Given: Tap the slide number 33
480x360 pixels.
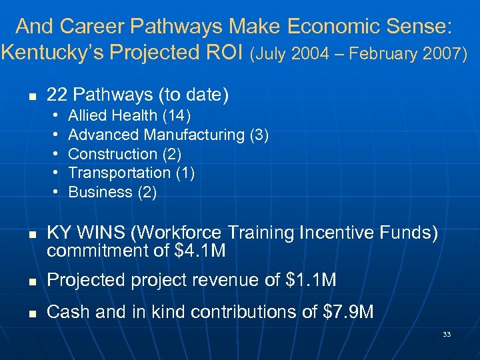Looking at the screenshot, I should (x=447, y=334).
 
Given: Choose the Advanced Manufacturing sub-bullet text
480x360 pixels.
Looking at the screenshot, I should (x=168, y=135).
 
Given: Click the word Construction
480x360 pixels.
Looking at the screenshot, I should (x=113, y=154).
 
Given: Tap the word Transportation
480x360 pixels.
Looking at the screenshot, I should (x=119, y=173).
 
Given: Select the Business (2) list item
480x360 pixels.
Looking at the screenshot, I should (x=113, y=192).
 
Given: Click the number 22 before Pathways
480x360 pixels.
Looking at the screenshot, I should (x=56, y=95).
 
